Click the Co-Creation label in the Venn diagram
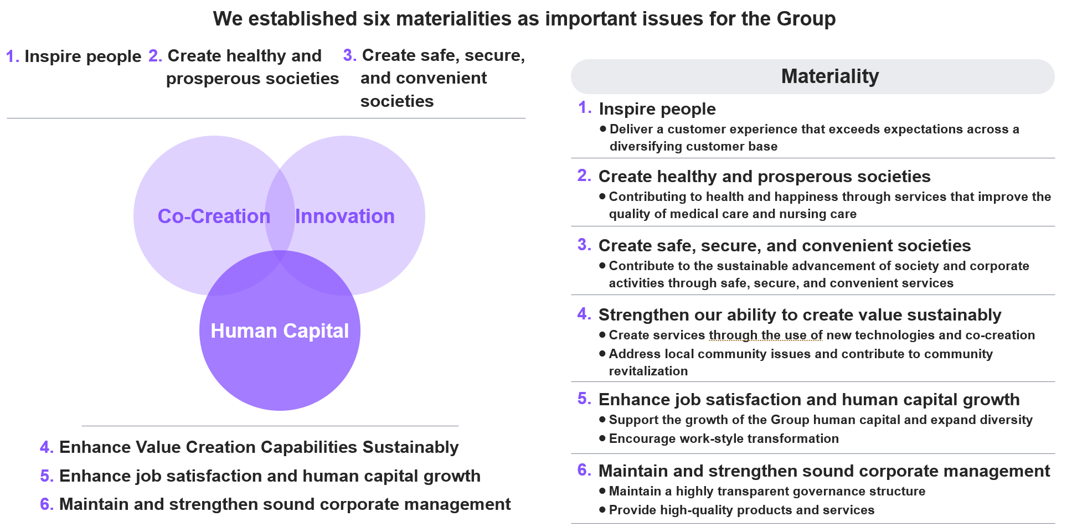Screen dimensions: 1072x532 click(214, 216)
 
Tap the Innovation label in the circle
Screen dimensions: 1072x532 click(344, 216)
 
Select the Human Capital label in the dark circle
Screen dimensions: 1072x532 click(280, 331)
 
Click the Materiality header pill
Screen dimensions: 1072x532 click(812, 76)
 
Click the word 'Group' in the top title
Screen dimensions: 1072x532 click(806, 19)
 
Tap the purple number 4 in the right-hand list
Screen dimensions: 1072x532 click(584, 314)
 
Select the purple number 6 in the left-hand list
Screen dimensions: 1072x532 click(47, 504)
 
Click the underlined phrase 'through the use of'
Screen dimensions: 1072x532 click(766, 335)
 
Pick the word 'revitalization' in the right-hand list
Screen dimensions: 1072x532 click(648, 371)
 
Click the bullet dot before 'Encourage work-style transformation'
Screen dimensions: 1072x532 click(602, 438)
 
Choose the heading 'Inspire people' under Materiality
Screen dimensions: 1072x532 click(657, 109)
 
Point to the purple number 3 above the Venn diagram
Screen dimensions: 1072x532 click(349, 55)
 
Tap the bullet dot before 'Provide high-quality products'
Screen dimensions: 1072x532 click(602, 510)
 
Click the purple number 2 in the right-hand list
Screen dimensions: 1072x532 click(584, 175)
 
